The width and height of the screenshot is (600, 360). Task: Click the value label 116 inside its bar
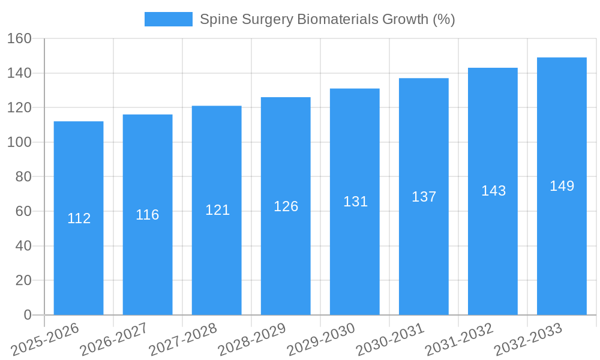coord(148,215)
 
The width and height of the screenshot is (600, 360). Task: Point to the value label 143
coord(493,191)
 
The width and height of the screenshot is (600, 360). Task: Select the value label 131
coord(355,202)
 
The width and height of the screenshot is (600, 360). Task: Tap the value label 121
coord(217,210)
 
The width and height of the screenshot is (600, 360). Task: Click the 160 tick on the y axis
coord(19,38)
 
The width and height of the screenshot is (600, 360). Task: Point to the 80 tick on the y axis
coord(23,177)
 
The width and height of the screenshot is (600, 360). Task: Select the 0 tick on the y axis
coord(27,315)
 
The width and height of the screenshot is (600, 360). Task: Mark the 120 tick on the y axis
coord(19,108)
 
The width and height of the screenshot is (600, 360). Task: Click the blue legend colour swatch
coord(169,19)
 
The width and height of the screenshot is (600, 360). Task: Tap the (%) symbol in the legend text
coord(444,19)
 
